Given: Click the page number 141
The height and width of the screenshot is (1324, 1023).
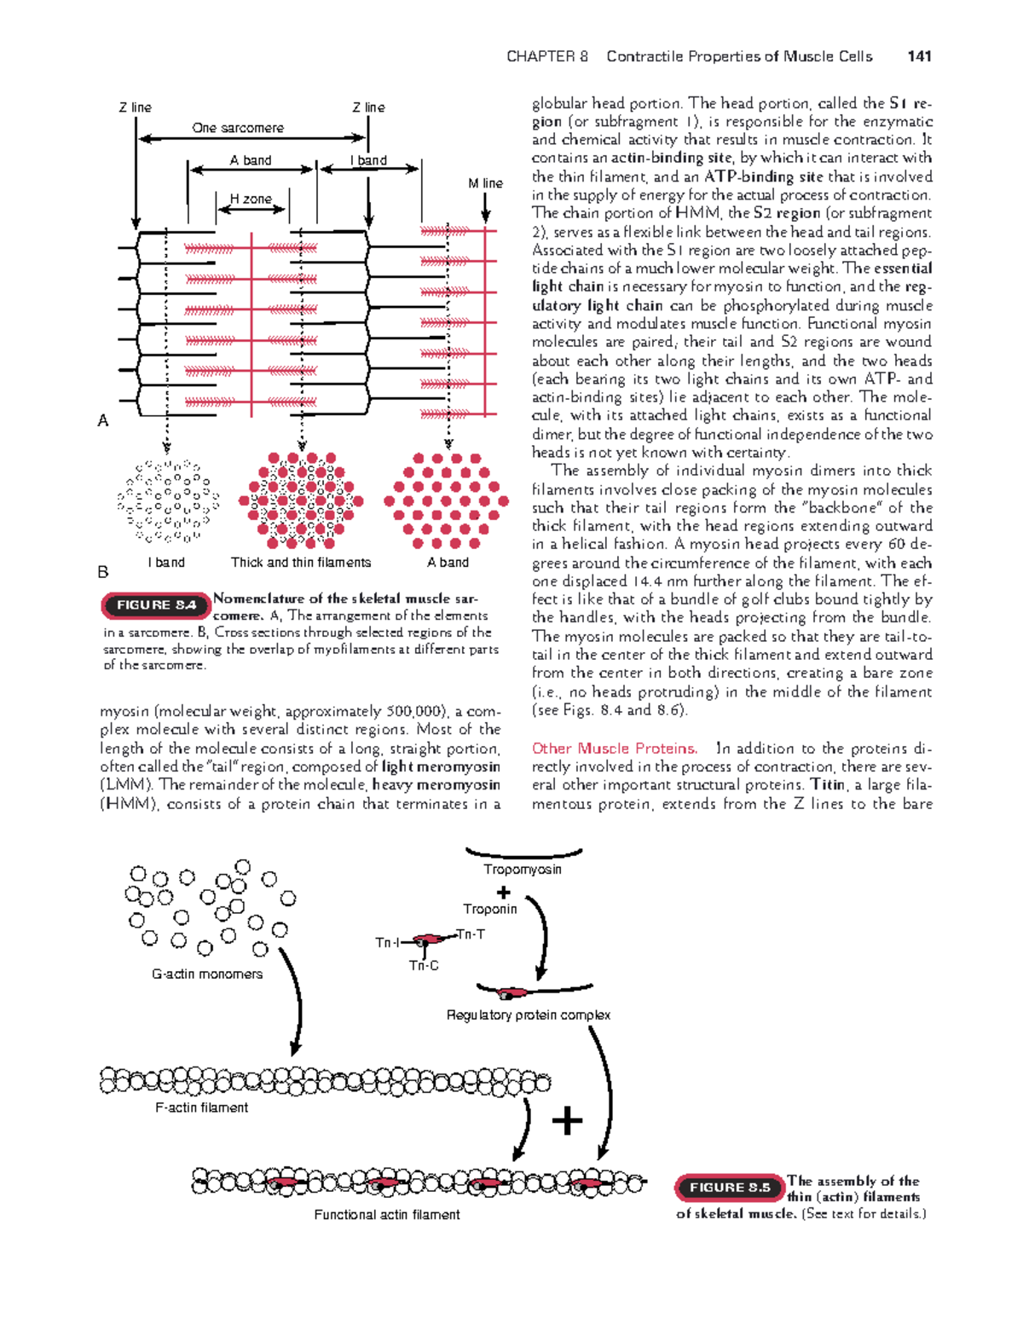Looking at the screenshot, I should tap(919, 56).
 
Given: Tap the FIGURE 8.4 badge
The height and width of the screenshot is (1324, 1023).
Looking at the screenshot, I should tap(156, 605).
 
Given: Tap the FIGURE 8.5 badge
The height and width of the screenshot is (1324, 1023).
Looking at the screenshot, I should tap(729, 1188).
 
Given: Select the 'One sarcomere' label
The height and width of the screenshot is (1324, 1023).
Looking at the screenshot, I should tap(238, 128).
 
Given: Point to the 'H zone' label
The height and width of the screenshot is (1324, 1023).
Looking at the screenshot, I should tap(251, 199).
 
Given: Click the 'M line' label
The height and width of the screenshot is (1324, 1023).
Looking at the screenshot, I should tap(485, 183).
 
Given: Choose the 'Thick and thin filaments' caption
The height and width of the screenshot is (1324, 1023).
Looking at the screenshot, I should tap(301, 563).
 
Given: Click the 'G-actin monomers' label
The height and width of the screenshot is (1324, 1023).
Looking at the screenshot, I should tap(207, 974).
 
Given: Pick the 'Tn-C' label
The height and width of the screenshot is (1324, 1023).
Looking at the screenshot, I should tap(424, 966).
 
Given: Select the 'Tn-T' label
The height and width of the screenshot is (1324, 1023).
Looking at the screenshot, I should tap(471, 934).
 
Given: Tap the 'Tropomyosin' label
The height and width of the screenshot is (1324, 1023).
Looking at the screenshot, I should tap(523, 870).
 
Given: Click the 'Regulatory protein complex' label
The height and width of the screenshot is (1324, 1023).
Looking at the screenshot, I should tap(529, 1015).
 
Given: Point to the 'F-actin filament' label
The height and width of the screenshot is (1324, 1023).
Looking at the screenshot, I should tap(202, 1107).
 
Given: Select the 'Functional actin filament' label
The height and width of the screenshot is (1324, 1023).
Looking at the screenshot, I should tap(387, 1214).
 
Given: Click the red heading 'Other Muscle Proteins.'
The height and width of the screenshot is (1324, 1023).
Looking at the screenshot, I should tap(615, 749).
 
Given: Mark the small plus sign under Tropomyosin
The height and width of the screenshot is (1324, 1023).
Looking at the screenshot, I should tap(504, 892).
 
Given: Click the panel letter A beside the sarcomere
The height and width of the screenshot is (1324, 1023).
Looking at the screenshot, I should tap(103, 420).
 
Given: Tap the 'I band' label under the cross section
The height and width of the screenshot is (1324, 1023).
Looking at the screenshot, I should tap(166, 563).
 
